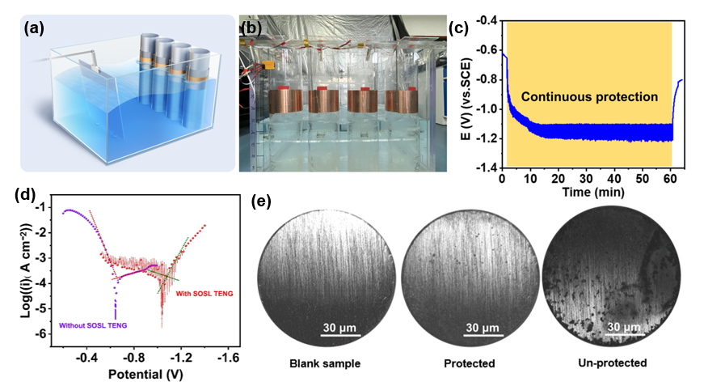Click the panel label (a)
(34, 28)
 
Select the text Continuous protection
(589, 96)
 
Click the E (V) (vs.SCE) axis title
(466, 94)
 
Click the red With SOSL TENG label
(204, 293)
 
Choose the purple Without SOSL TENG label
(93, 326)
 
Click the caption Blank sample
(323, 363)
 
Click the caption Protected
(468, 363)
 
